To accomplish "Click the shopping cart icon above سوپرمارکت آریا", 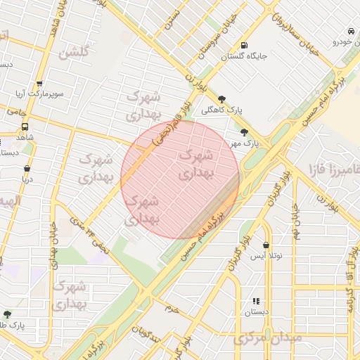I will [39, 83].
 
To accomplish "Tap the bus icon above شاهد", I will [25, 127].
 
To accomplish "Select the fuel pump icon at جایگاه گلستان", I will [243, 44].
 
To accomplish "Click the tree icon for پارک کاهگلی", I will [222, 99].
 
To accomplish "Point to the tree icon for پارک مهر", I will [244, 131].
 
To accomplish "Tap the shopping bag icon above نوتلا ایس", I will [266, 245].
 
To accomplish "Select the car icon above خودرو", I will [350, 31].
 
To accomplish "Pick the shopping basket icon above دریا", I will [27, 169].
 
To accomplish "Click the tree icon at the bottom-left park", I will [8, 314].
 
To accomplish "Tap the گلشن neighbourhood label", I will [75, 53].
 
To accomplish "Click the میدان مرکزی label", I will [269, 339].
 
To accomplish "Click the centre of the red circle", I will [180, 180].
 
